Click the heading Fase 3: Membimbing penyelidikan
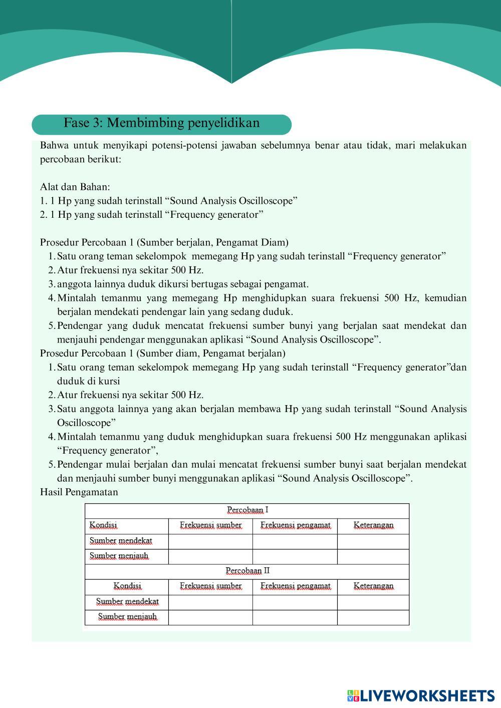[161, 123]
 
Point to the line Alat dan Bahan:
[75, 187]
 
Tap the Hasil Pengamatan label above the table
[79, 492]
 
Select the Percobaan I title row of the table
[247, 510]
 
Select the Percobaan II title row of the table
[247, 571]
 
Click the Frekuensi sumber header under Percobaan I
[210, 525]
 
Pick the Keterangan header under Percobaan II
[373, 586]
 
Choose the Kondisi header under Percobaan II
[127, 586]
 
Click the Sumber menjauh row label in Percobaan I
[119, 556]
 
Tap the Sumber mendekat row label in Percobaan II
[127, 601]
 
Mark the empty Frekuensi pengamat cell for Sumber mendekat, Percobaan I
[295, 541]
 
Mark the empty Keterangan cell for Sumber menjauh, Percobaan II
[373, 617]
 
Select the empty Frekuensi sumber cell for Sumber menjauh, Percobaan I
[210, 556]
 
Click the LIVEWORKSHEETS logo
[421, 695]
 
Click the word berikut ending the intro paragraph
[104, 160]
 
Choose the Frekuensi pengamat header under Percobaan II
[295, 586]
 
